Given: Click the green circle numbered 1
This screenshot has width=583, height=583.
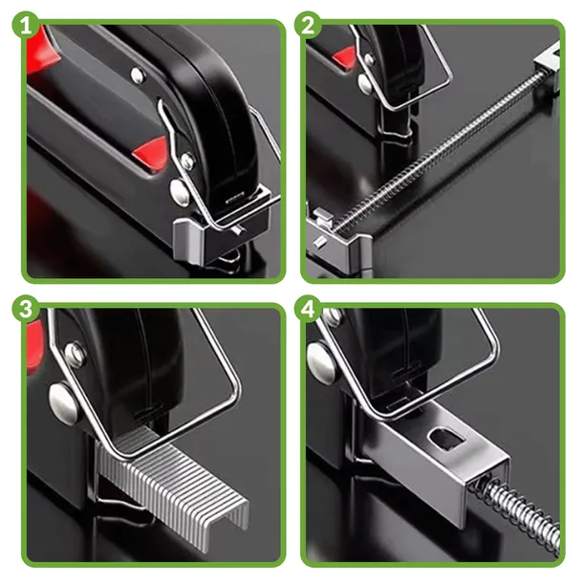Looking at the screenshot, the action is point(26,26).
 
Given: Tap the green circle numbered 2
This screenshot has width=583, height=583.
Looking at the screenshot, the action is point(308,26).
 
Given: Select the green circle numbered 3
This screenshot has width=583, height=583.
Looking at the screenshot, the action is point(26,309).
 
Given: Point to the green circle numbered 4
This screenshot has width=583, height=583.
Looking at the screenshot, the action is point(308,309).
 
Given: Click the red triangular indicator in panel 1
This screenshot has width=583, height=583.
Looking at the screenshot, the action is point(152,154).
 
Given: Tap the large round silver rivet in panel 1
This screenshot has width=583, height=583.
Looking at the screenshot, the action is point(180,191).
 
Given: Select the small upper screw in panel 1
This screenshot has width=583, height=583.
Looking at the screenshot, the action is point(138,75).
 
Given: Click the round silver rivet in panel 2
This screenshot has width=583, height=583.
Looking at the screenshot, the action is point(367,82).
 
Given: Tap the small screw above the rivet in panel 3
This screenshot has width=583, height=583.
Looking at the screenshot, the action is point(75,354).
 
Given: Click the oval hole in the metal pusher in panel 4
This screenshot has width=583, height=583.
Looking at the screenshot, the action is point(447,439).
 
